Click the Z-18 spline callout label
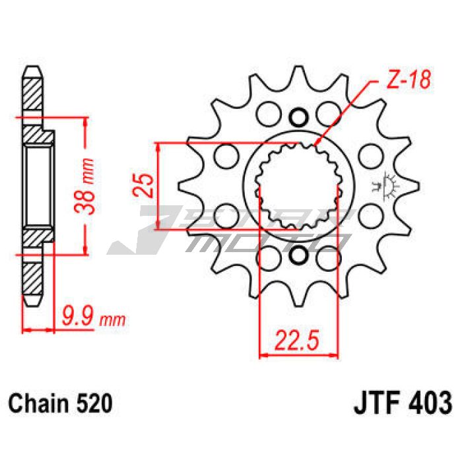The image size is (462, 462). coord(409,80)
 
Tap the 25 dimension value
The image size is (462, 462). coord(143,185)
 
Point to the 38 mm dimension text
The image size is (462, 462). coord(84,186)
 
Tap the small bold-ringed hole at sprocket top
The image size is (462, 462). coord(299,117)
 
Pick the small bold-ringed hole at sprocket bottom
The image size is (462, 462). coord(299,255)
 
